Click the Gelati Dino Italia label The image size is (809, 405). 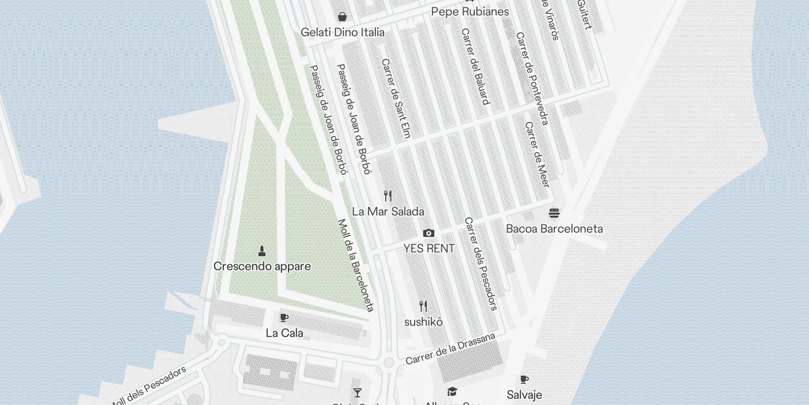tap(342, 32)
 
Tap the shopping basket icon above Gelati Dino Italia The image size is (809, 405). tap(342, 17)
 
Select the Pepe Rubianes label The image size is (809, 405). tap(470, 12)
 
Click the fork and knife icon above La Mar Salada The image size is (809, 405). tap(388, 195)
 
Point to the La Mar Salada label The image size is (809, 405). tap(388, 212)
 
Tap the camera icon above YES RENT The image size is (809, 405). tap(429, 233)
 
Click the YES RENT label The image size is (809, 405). tap(429, 249)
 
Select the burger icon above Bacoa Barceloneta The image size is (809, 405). tap(554, 213)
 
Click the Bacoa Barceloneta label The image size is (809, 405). tap(554, 229)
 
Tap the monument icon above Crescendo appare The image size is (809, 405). tap(262, 251)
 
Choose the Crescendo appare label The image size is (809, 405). tap(262, 267)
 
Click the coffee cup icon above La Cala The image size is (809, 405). tap(284, 317)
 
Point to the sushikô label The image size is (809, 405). tap(423, 322)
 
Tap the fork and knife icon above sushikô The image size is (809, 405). tap(423, 306)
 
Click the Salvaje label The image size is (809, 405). tap(524, 395)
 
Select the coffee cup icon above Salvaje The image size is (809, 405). tap(524, 379)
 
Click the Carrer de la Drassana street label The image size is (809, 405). tap(450, 349)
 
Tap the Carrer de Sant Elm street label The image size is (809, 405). tap(395, 98)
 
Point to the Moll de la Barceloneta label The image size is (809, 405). tap(356, 265)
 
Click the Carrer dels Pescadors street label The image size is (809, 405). tap(481, 263)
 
